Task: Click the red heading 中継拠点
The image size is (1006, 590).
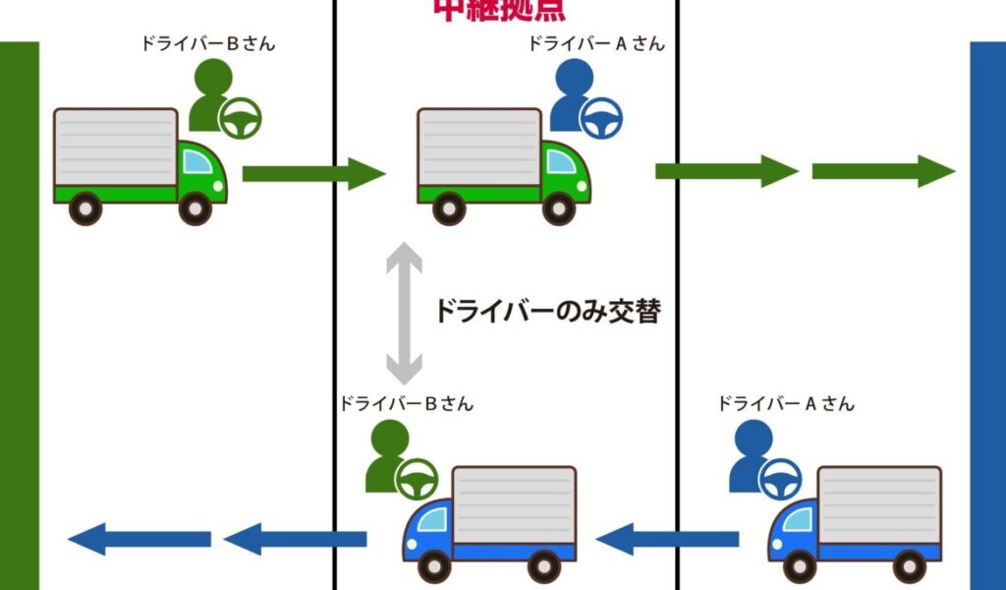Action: click(500, 9)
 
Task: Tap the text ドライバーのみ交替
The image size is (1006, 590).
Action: click(547, 313)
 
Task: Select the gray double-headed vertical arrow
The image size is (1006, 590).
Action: click(404, 313)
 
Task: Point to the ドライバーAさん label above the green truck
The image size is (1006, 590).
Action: click(596, 44)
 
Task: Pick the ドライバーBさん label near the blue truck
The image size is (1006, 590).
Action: click(406, 404)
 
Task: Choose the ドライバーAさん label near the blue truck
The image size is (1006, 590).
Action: click(785, 404)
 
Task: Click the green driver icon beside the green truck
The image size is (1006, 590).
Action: click(222, 98)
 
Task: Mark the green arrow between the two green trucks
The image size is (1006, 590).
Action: click(313, 174)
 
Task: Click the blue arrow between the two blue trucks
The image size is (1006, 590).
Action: click(667, 538)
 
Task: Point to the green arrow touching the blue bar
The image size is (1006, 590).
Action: click(882, 171)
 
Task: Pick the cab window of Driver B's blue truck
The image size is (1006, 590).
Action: click(434, 516)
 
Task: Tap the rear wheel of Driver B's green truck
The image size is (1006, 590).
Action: click(86, 208)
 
